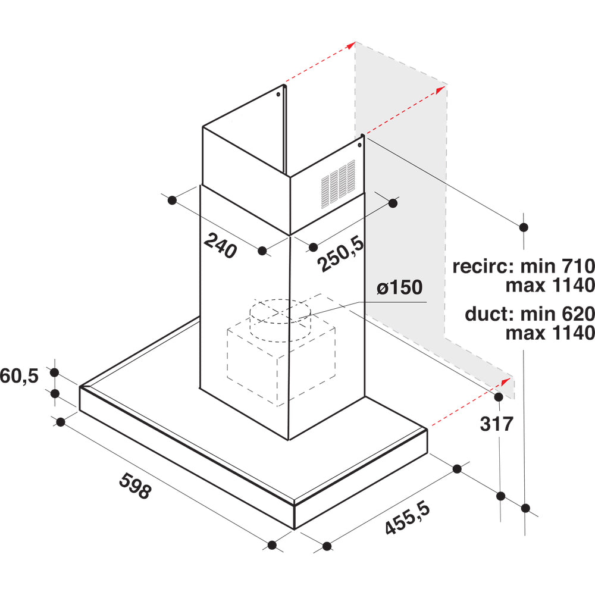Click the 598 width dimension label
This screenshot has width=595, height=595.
pos(135,486)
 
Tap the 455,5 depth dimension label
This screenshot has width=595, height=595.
pos(408,518)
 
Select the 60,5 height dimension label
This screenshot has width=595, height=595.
pos(20,376)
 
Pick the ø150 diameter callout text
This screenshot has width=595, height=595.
pos(400,287)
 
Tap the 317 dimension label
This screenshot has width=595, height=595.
pos(496,424)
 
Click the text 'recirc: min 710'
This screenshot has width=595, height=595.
pos(524,266)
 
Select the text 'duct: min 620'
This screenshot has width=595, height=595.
pos(530,314)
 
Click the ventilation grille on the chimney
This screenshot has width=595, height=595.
pos(338,184)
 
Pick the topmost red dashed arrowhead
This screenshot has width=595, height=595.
pos(350,45)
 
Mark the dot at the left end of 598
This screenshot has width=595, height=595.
pos(61,422)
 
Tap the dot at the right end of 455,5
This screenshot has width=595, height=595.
pos(457,469)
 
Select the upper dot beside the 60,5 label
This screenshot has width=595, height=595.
pos(55,372)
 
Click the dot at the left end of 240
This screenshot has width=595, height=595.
pos(172,201)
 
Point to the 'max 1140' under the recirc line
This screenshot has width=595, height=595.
pos(550,286)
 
